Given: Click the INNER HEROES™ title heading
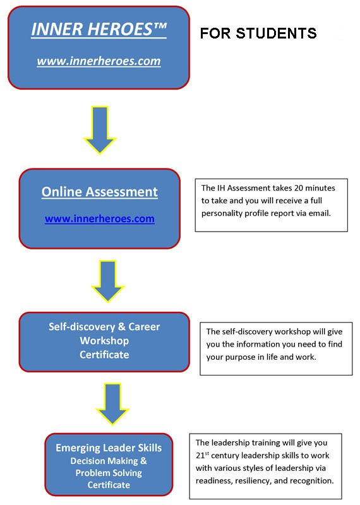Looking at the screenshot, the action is click(x=99, y=29).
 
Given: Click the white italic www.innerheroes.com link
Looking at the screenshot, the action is click(x=99, y=61).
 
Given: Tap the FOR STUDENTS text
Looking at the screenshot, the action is click(x=258, y=33).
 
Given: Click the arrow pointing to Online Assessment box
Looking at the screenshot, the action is click(x=100, y=130).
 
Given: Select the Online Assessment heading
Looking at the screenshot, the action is click(x=100, y=192).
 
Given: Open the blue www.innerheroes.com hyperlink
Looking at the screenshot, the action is click(x=100, y=218).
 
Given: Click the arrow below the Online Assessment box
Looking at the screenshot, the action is click(x=107, y=281).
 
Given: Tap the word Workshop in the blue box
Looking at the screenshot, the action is click(x=104, y=340).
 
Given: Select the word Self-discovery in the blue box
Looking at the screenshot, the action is click(x=82, y=326).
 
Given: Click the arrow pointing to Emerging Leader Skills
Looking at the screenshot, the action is click(x=112, y=404).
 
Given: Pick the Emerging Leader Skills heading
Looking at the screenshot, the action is click(x=109, y=448).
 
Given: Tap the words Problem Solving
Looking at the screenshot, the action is click(x=109, y=473).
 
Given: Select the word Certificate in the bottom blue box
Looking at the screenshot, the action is click(x=109, y=485).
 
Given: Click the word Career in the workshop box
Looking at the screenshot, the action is click(x=144, y=326).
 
